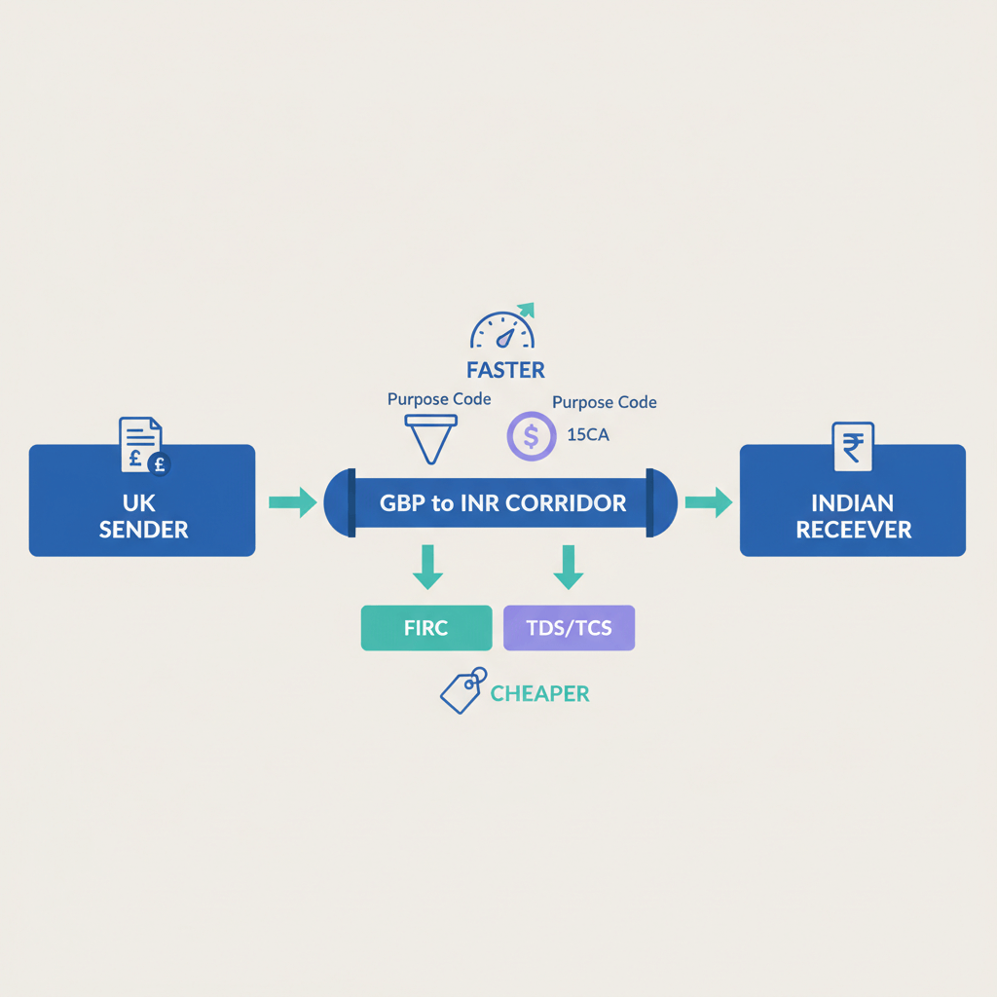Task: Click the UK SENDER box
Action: [x=142, y=500]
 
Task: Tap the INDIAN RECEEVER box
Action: [x=853, y=500]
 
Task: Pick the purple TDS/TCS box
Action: [x=569, y=628]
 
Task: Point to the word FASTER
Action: [x=504, y=370]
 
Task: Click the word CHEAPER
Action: [x=539, y=693]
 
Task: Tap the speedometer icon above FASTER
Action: [x=502, y=328]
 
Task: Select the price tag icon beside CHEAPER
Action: [x=461, y=689]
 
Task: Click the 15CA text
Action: [x=587, y=435]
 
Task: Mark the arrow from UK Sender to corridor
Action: [x=292, y=502]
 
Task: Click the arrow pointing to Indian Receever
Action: [x=708, y=502]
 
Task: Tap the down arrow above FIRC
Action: [x=425, y=567]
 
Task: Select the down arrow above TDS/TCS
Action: [x=568, y=567]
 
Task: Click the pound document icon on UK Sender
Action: [x=142, y=446]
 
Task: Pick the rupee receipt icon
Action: [x=853, y=448]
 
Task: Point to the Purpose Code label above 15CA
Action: [x=604, y=402]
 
